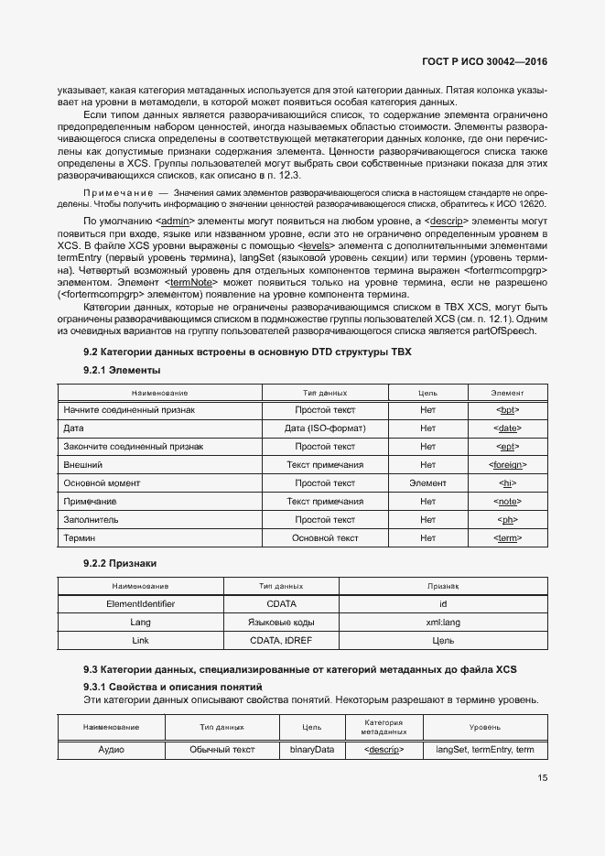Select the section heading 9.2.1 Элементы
click(122, 370)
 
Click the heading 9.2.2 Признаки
click(120, 563)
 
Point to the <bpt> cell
click(507, 410)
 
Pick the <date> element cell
click(507, 428)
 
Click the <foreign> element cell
click(507, 465)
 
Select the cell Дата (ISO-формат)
click(325, 428)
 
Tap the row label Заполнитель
click(90, 520)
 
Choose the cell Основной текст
click(325, 538)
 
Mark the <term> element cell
click(507, 538)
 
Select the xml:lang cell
click(443, 623)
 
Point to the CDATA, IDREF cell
click(280, 641)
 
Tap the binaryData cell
click(312, 750)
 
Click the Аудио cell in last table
click(111, 750)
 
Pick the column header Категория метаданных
click(384, 727)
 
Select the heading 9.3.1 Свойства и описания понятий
click(172, 686)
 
